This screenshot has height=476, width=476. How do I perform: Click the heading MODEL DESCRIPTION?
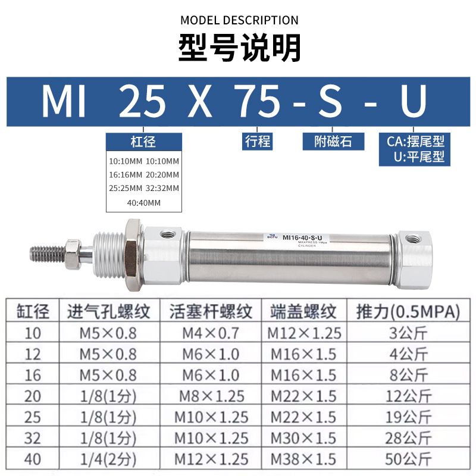[239, 20]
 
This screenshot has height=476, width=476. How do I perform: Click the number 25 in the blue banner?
[143, 101]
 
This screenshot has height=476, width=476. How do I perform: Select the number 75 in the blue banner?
[257, 101]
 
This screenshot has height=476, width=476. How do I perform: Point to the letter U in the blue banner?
[413, 101]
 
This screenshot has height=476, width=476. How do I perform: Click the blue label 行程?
[258, 141]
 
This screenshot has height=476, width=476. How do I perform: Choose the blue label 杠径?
[143, 142]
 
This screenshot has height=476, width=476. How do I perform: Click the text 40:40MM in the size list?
[143, 203]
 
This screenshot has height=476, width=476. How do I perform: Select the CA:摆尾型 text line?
[415, 141]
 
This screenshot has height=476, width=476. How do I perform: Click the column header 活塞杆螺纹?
[211, 311]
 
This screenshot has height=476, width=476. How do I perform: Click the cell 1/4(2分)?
[102, 459]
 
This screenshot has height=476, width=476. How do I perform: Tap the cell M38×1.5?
[303, 459]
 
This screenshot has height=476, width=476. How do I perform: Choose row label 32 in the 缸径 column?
[33, 438]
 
